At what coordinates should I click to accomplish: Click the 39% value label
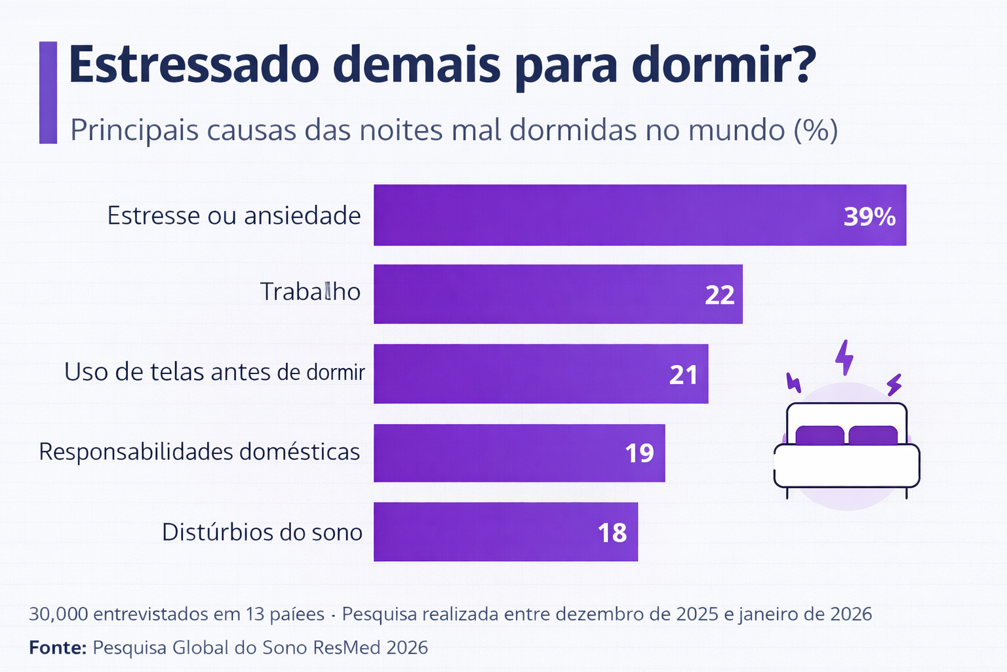tap(869, 217)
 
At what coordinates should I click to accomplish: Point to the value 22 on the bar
tap(719, 295)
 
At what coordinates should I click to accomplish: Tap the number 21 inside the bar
tap(683, 375)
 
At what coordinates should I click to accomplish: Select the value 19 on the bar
tap(639, 453)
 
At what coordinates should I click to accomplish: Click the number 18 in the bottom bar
tap(612, 533)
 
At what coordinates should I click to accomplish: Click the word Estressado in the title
tap(193, 64)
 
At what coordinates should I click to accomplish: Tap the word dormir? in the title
tap(724, 64)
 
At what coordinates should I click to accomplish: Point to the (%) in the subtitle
tap(816, 130)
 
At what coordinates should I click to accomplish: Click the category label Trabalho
tap(310, 291)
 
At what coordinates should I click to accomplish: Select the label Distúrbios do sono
tap(262, 532)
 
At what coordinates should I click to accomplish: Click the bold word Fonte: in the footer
tap(58, 648)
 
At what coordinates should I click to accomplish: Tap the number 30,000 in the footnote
tap(58, 614)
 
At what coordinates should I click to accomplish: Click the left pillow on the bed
tap(819, 435)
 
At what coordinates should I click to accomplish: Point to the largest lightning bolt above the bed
tap(844, 357)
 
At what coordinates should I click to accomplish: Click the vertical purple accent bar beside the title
tap(48, 93)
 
